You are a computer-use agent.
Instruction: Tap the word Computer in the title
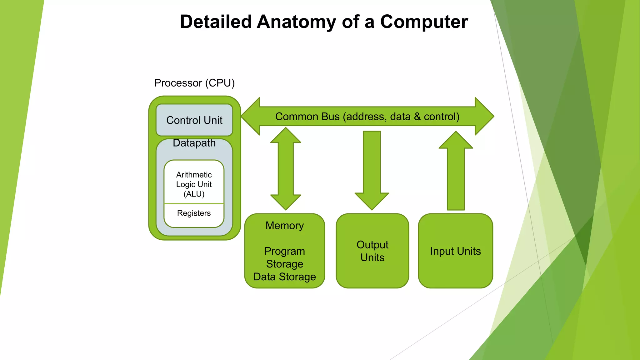coord(424,22)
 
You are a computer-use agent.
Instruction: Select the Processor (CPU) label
coord(194,83)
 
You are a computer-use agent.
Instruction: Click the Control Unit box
coord(194,120)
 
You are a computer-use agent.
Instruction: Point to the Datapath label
coord(194,143)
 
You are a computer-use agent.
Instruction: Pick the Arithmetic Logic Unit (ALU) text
coord(194,184)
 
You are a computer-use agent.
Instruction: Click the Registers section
coord(194,213)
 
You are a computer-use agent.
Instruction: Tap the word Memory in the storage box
coord(284,226)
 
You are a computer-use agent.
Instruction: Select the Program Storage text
coord(284,258)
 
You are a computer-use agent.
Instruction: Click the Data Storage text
coord(284,277)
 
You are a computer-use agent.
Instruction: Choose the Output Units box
coord(372,251)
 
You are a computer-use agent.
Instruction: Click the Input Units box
coord(455,251)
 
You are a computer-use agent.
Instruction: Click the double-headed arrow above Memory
coord(286,169)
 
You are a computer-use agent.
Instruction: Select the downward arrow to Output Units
coord(372,170)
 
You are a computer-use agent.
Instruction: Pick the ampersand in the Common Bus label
coord(417,117)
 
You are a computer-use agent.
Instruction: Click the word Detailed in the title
coord(216,22)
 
